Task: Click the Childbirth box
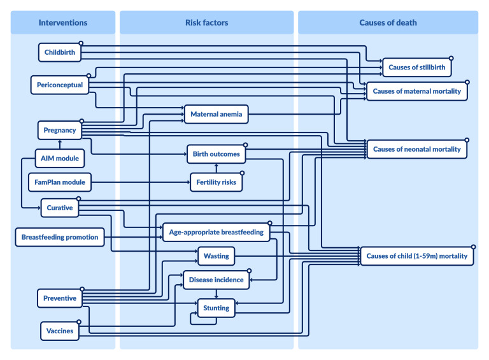(60, 52)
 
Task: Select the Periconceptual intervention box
(60, 85)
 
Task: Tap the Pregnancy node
(60, 130)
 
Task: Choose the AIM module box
(60, 158)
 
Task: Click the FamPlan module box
(60, 182)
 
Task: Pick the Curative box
(60, 208)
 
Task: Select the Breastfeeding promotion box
(60, 237)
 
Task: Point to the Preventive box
(60, 298)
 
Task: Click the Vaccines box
(60, 331)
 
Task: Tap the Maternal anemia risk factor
(216, 114)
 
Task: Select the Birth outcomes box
(216, 154)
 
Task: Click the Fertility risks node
(216, 182)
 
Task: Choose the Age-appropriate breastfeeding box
(216, 232)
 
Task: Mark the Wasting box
(216, 256)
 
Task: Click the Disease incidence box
(216, 280)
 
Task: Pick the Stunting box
(216, 308)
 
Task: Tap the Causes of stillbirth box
(416, 68)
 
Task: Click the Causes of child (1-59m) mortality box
(416, 256)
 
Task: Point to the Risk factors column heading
(206, 23)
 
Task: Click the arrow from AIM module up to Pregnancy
(60, 145)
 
